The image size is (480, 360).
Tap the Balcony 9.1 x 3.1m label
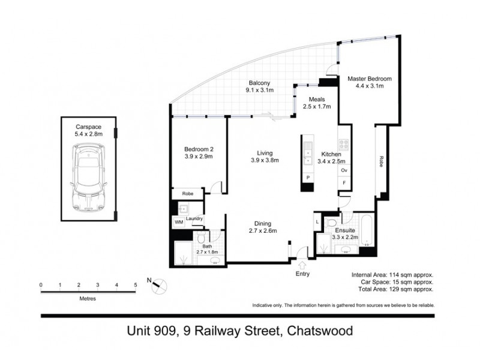coord(259,87)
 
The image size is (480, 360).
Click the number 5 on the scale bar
coord(136,284)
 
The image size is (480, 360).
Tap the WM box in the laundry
coord(178,222)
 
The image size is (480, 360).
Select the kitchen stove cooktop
coord(344,144)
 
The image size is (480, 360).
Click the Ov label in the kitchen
coord(344,170)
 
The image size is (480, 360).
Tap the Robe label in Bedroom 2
coord(187,194)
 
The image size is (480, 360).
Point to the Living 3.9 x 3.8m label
coord(264,156)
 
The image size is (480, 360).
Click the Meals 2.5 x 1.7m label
coord(316,103)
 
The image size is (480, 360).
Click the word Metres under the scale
coord(88,298)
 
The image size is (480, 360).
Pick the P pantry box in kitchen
coord(308,178)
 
